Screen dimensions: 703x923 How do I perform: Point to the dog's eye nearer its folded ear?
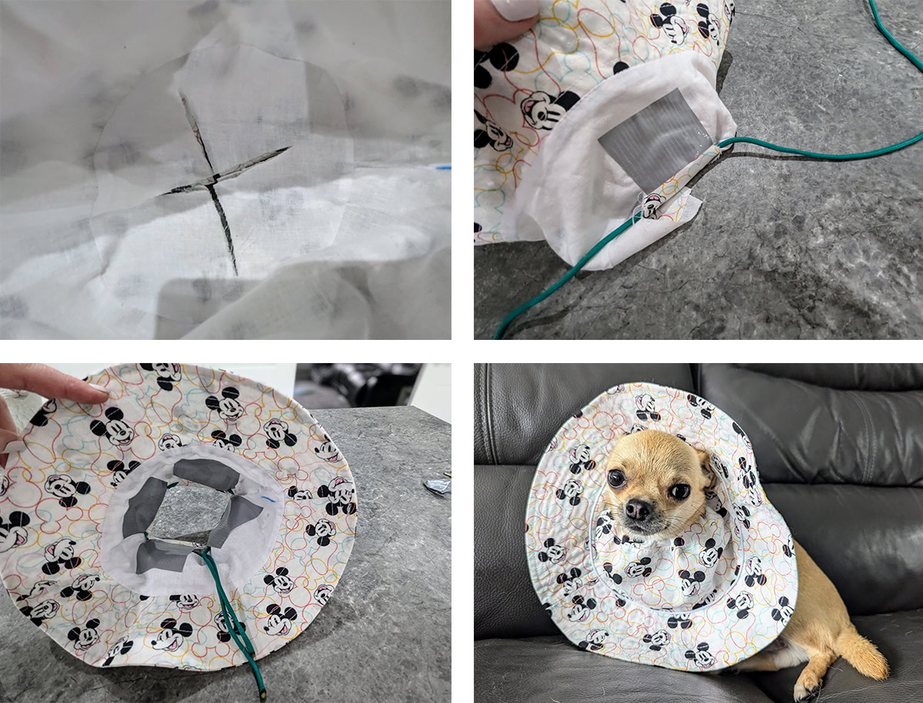679,490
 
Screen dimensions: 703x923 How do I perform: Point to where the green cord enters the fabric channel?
720,148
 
